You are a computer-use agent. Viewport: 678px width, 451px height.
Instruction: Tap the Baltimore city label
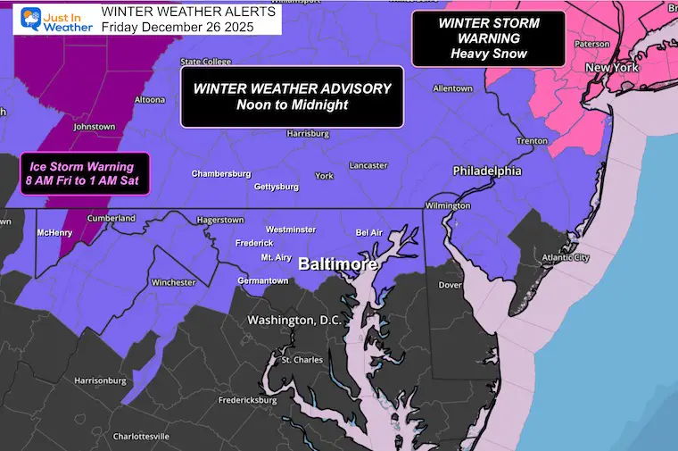(338, 265)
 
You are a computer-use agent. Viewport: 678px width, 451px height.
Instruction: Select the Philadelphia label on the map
(487, 171)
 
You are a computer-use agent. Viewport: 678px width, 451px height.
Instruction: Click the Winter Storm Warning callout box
(489, 38)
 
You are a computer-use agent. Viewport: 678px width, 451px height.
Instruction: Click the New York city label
(610, 68)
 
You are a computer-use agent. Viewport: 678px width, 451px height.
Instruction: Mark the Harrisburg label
(309, 134)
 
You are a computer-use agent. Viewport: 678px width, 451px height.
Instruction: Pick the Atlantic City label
(567, 259)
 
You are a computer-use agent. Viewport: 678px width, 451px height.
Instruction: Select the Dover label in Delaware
(451, 287)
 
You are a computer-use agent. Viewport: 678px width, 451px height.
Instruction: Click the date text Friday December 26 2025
(178, 27)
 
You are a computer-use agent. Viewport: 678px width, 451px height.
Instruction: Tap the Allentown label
(451, 88)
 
